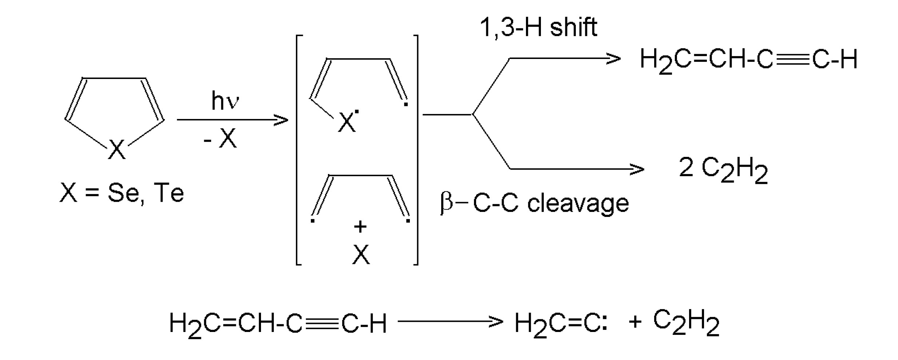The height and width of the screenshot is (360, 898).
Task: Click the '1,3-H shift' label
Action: pyautogui.click(x=538, y=27)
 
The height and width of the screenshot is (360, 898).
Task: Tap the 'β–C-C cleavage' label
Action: pyautogui.click(x=534, y=203)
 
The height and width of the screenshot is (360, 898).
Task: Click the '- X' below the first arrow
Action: pyautogui.click(x=220, y=139)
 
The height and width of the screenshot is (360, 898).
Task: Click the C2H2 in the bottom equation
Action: pyautogui.click(x=686, y=323)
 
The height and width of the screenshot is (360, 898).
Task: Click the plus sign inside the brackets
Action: pyautogui.click(x=360, y=227)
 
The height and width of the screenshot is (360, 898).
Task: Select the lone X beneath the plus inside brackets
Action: pyautogui.click(x=361, y=254)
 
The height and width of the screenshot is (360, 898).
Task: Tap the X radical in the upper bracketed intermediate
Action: pyautogui.click(x=347, y=122)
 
